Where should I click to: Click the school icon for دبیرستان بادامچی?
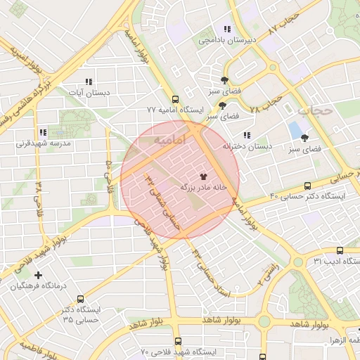click(226, 29)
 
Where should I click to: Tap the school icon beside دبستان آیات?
click(87, 82)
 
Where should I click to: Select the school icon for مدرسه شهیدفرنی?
click(43, 131)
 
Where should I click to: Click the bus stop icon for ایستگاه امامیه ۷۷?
click(175, 99)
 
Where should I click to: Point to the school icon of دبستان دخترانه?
click(246, 135)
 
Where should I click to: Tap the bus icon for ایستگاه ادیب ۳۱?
click(340, 250)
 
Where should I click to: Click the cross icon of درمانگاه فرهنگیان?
click(38, 275)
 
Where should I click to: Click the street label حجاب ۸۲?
click(285, 21)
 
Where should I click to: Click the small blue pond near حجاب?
click(293, 130)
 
